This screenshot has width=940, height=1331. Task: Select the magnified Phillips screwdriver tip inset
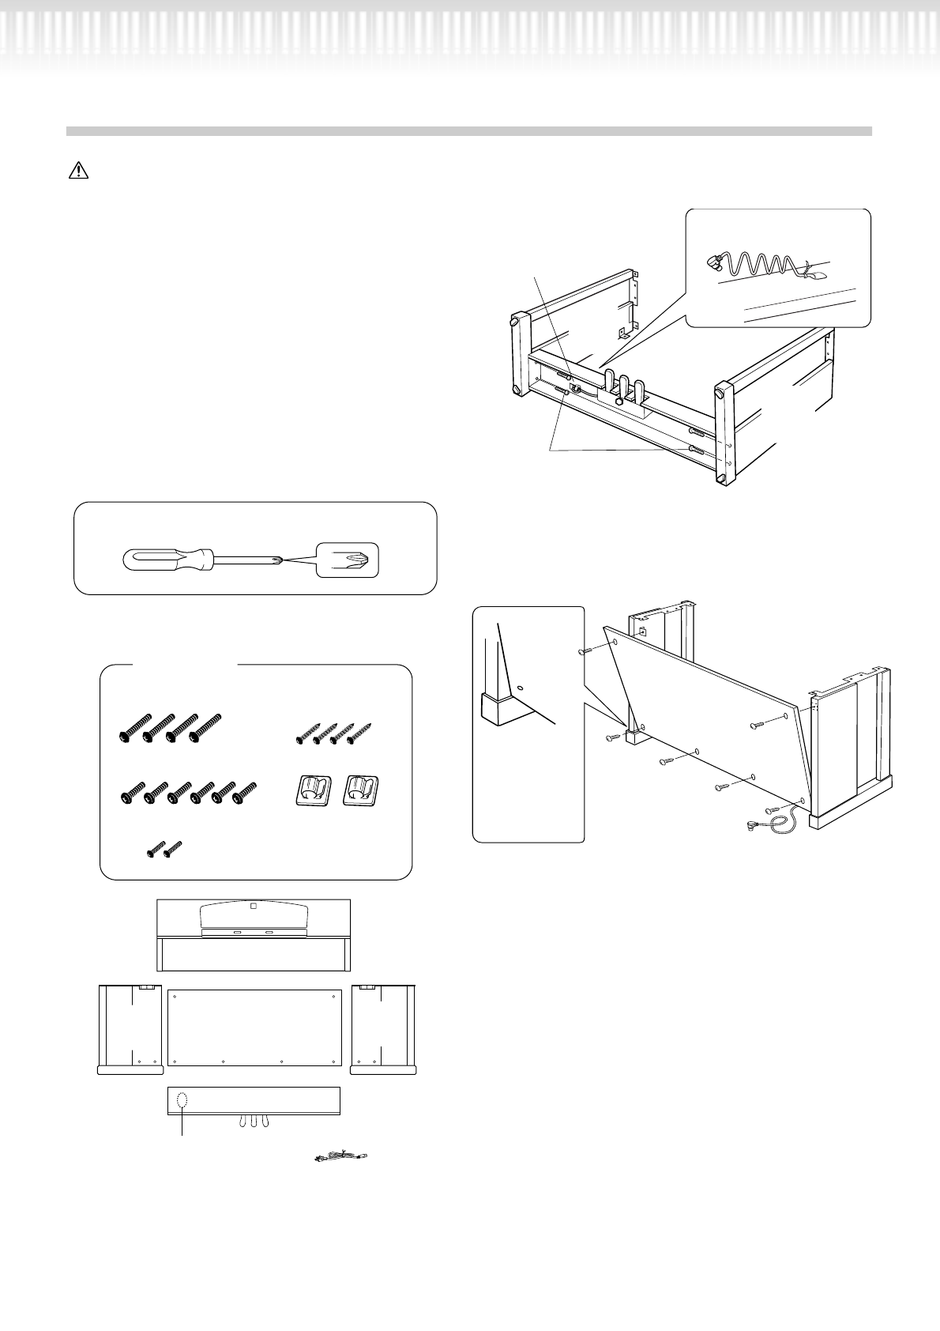pyautogui.click(x=347, y=560)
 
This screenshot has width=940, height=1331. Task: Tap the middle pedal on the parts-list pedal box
pyautogui.click(x=253, y=1122)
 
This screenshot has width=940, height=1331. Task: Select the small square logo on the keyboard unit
pyautogui.click(x=253, y=907)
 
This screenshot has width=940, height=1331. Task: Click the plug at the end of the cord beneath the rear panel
pyautogui.click(x=754, y=827)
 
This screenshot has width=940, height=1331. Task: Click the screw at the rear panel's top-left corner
pyautogui.click(x=585, y=650)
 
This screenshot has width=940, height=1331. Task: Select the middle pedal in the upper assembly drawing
pyautogui.click(x=624, y=384)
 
